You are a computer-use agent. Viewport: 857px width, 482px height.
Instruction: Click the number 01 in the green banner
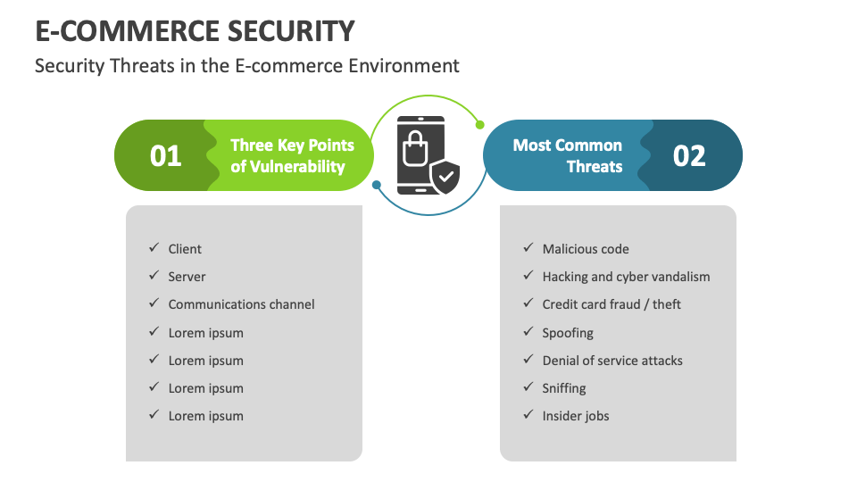(x=166, y=156)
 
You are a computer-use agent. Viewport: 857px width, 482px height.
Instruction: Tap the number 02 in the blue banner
(x=689, y=156)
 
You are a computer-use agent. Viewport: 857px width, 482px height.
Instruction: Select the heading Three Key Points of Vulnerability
(x=292, y=155)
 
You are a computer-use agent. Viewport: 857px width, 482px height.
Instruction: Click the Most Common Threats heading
(x=568, y=155)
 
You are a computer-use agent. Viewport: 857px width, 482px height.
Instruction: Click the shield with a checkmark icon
(x=445, y=177)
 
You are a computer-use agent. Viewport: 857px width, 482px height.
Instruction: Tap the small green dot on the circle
(x=479, y=125)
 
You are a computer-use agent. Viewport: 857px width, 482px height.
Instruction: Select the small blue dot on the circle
(x=377, y=186)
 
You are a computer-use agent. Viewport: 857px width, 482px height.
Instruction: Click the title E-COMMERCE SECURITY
(x=195, y=31)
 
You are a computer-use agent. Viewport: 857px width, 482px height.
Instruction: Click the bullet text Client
(x=185, y=249)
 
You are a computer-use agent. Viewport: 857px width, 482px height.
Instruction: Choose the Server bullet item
(x=187, y=277)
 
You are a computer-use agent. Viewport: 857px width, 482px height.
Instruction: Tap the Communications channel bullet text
(x=241, y=304)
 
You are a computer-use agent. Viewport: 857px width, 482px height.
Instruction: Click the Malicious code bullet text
(x=586, y=249)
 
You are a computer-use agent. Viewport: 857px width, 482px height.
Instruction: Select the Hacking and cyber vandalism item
(x=626, y=277)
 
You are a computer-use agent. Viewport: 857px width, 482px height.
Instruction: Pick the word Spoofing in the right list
(x=568, y=333)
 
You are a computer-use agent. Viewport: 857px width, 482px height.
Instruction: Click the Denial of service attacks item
(x=612, y=361)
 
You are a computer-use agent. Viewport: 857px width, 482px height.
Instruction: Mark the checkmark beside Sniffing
(x=527, y=387)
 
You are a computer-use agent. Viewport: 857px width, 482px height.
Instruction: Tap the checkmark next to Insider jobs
(x=527, y=415)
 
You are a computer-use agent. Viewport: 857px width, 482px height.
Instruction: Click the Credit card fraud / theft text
(x=612, y=304)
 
